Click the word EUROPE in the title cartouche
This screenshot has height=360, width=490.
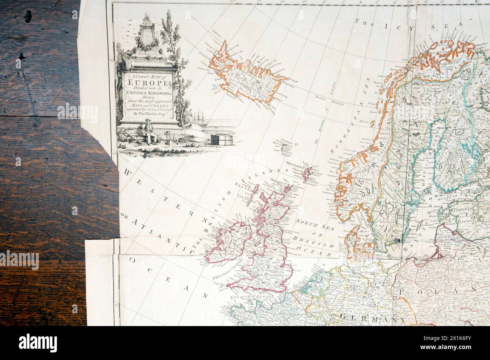(145, 82)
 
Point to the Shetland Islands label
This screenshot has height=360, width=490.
(296, 164)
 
